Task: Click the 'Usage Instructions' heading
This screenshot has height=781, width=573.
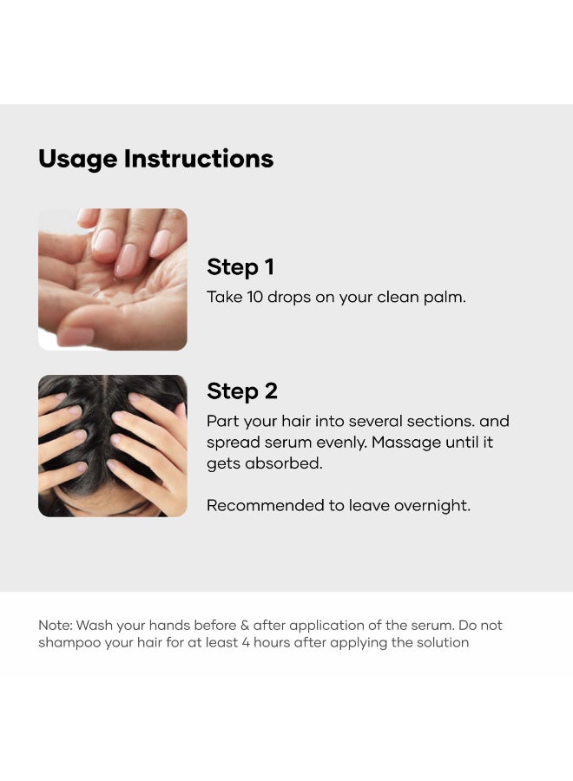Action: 156,160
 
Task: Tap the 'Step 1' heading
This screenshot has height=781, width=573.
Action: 240,267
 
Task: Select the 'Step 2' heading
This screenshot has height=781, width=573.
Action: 242,391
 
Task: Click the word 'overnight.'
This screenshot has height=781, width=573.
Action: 432,506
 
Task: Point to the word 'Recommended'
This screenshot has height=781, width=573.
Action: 266,506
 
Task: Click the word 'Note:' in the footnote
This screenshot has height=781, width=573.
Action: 56,625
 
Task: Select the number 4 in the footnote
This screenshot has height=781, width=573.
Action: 246,642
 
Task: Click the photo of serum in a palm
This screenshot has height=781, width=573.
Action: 113,279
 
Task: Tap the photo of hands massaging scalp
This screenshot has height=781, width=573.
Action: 113,446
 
